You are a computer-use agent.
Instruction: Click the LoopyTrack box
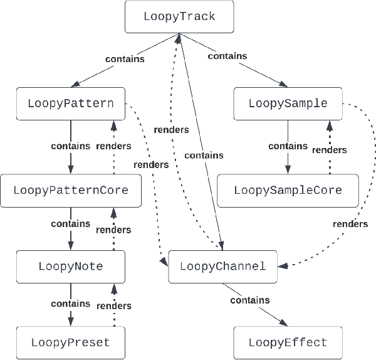coord(179,17)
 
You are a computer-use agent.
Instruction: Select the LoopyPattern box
coord(70,104)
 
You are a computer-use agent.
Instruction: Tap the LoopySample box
coord(288,104)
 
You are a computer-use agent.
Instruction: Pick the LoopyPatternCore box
coord(70,190)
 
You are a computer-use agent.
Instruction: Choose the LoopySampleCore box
coord(288,190)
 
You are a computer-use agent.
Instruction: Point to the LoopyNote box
coord(70,267)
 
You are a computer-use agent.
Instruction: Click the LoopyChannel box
coord(222,267)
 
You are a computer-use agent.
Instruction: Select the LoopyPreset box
coord(70,342)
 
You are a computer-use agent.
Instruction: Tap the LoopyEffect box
coord(288,342)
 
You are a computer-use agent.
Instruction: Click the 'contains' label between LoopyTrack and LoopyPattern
coord(125,60)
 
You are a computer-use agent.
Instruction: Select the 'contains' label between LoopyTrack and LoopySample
coord(227,56)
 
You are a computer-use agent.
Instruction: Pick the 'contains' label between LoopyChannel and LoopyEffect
coord(250,300)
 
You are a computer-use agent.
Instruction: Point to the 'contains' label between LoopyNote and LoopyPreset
coord(70,304)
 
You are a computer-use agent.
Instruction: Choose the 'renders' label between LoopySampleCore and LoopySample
coord(330,150)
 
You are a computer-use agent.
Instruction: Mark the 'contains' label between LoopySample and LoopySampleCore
coord(288,146)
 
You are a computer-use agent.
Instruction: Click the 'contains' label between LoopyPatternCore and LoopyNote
coord(70,224)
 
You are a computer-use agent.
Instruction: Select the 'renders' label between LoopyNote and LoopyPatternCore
coord(113,230)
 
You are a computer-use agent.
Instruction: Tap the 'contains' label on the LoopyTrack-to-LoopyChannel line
coord(204,155)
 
